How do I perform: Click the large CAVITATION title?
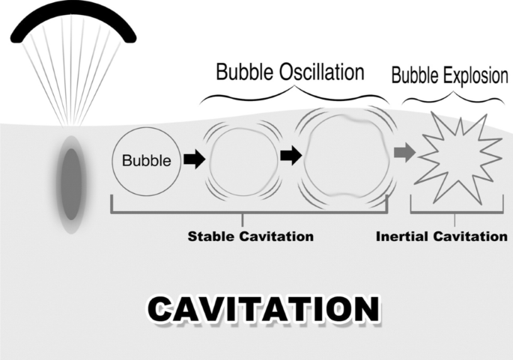(262, 308)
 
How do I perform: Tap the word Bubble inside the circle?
(146, 160)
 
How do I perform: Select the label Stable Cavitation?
(250, 237)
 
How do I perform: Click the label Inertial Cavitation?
(441, 237)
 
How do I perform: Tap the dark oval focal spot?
(70, 183)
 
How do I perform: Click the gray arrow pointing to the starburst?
(404, 153)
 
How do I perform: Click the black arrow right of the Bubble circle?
(194, 159)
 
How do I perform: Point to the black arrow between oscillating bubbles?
(291, 155)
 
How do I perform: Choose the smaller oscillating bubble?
(241, 159)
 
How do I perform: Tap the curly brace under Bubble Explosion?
(452, 97)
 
